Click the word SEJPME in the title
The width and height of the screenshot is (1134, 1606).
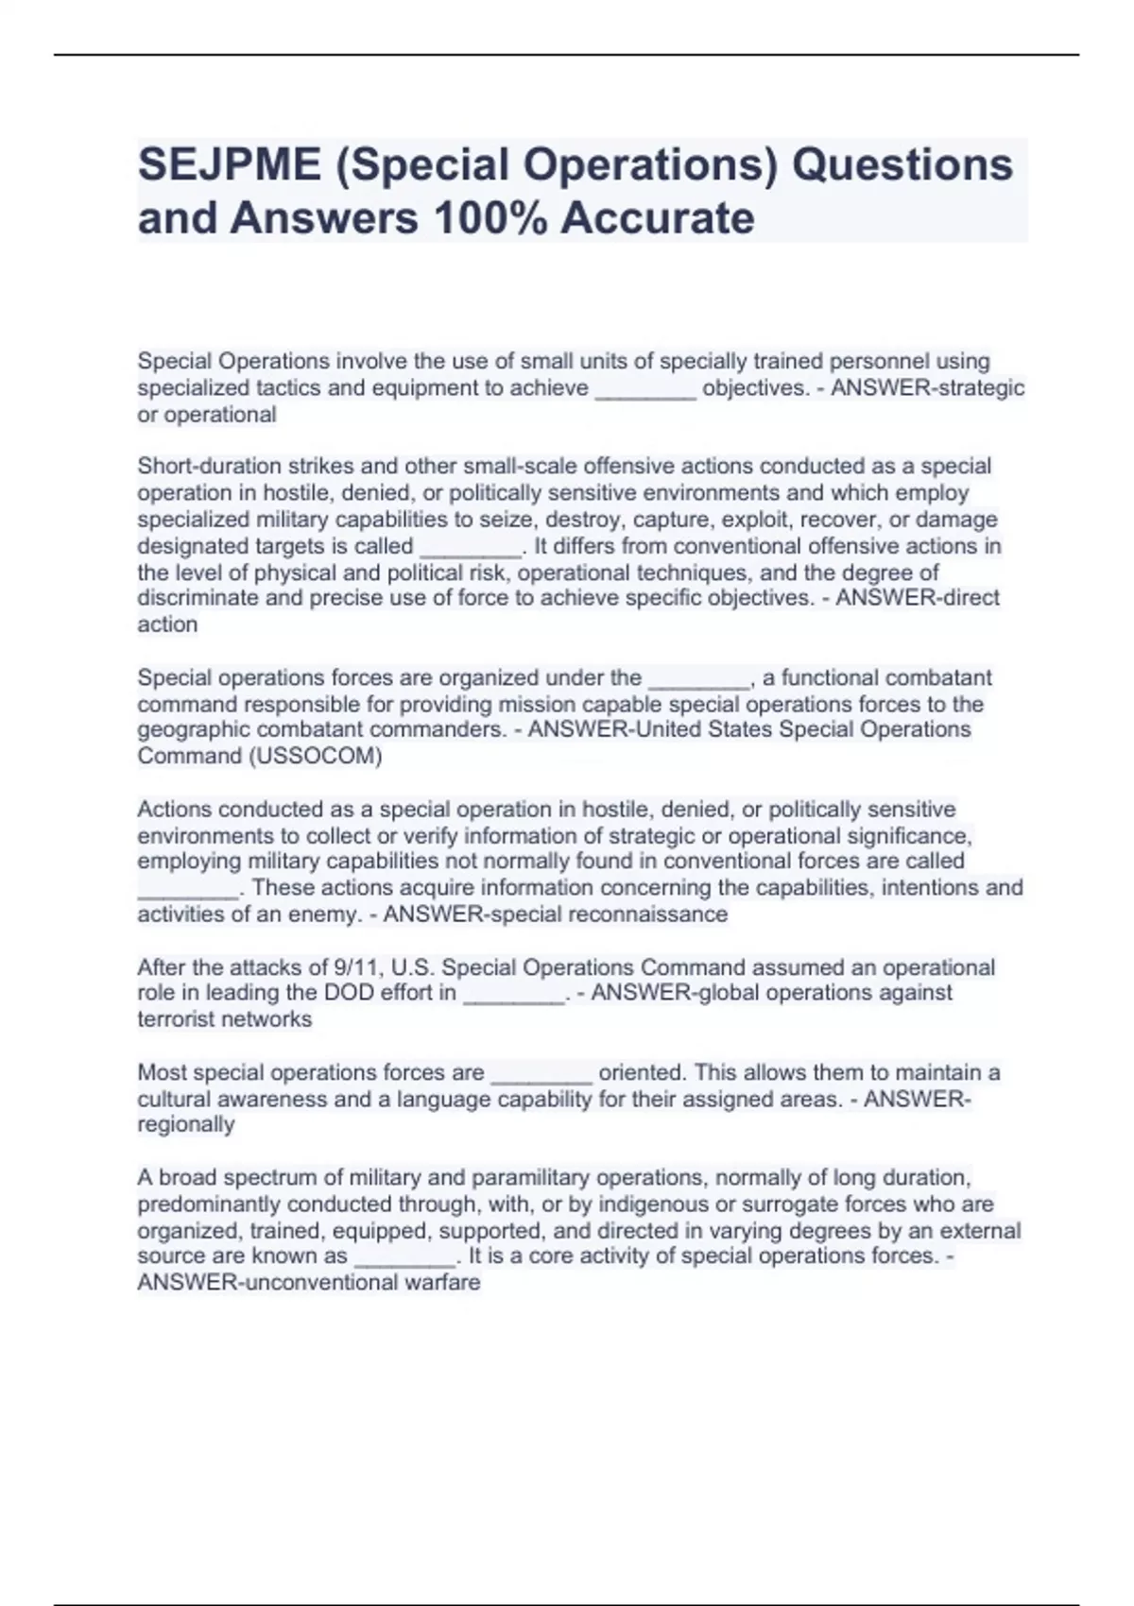[230, 164]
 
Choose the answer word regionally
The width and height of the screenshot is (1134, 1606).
[186, 1124]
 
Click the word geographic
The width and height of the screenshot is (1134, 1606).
[189, 729]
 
